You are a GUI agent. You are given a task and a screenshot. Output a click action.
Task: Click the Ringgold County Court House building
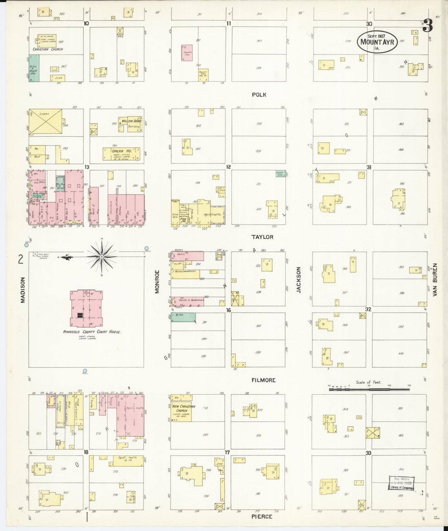tap(86, 308)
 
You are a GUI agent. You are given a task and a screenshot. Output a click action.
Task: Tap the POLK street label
tap(259, 95)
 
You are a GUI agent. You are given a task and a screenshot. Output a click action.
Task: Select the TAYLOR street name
tap(262, 237)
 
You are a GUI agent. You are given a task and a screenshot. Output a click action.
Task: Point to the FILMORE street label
tap(264, 380)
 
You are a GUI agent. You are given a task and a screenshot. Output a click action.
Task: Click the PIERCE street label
tap(262, 517)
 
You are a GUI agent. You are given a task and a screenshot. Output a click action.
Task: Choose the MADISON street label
tap(22, 290)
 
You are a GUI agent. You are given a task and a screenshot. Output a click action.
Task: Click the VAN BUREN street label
tap(435, 280)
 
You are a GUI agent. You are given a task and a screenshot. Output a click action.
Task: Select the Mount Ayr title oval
tap(377, 42)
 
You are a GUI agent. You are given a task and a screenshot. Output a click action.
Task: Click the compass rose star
tap(102, 257)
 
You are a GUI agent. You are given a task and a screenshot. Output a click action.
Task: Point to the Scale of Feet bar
tap(369, 389)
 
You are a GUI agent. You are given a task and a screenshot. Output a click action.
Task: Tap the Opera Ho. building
tap(121, 154)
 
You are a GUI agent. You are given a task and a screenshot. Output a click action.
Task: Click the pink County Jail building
tap(187, 53)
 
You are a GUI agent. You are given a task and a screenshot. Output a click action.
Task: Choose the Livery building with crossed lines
tap(46, 121)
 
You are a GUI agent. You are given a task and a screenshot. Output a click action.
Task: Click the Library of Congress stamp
tap(401, 483)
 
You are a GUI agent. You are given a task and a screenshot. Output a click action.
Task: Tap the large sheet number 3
tap(428, 25)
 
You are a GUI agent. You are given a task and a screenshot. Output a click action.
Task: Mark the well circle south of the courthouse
tap(85, 371)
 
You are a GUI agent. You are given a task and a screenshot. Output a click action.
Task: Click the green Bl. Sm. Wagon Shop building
tap(34, 68)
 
